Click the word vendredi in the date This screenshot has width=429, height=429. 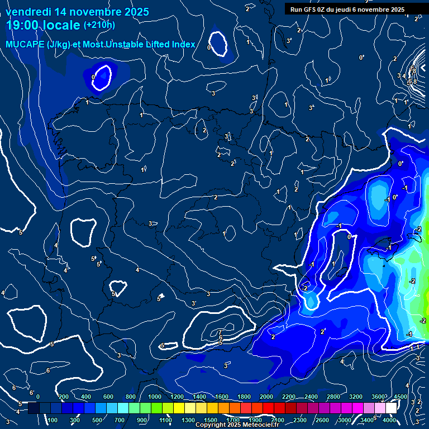pos(28,11)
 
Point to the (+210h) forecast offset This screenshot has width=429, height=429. pos(99,25)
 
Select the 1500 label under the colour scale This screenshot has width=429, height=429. pos(210,420)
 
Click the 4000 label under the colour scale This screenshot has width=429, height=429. pos(390,420)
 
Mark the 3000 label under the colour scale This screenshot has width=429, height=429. pos(345,420)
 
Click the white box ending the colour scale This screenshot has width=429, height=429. pos(407,408)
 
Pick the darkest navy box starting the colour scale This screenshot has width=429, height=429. pos(34,408)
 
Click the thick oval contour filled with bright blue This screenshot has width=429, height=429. pos(102,77)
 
